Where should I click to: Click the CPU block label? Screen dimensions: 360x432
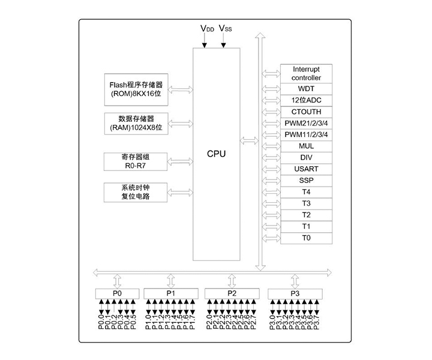[x=216, y=154]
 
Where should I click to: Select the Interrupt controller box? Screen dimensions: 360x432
[x=306, y=74]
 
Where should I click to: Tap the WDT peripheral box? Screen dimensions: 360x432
[x=306, y=89]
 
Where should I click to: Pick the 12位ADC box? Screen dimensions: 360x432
[x=306, y=100]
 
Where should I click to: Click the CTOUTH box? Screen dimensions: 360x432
[x=306, y=112]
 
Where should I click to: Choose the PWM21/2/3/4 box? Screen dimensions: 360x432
[x=306, y=123]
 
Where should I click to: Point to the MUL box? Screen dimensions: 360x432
[x=306, y=146]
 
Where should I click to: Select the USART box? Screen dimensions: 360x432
[x=306, y=169]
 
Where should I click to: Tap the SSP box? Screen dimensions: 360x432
[x=306, y=180]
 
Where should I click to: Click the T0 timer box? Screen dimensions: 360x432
[x=306, y=238]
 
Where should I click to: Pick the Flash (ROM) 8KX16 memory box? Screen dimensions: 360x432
[x=136, y=89]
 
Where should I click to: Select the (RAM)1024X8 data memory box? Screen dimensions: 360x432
[x=136, y=123]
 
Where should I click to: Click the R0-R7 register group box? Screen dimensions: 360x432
[x=136, y=160]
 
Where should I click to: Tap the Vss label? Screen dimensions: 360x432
[x=226, y=28]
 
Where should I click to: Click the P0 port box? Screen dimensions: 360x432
[x=117, y=293]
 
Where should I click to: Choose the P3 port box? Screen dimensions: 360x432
[x=294, y=293]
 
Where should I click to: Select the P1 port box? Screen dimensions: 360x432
[x=170, y=293]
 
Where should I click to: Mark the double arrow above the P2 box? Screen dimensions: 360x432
[x=232, y=280]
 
